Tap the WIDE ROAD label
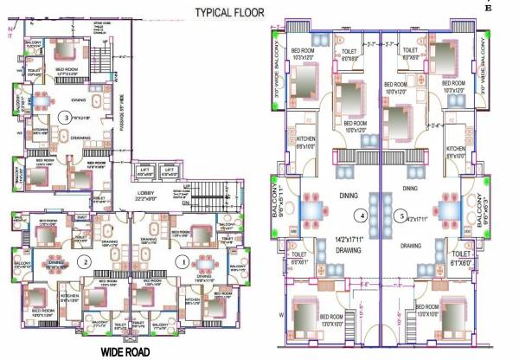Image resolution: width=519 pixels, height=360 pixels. [131, 351]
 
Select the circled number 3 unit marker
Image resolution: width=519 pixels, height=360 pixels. [61, 117]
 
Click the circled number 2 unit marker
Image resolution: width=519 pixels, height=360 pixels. [84, 260]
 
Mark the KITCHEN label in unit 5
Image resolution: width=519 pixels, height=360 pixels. [456, 148]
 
